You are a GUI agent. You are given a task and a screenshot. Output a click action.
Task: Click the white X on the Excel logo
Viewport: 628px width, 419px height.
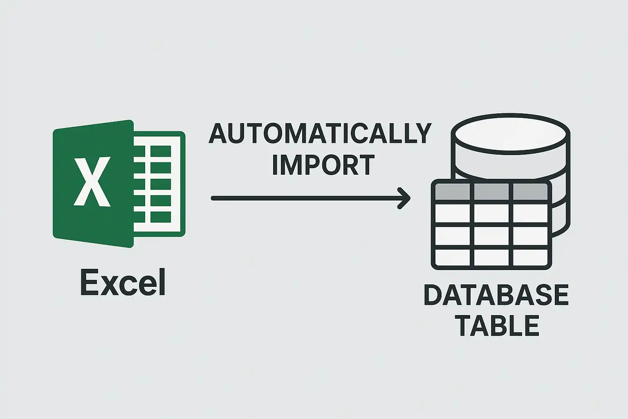point(92,182)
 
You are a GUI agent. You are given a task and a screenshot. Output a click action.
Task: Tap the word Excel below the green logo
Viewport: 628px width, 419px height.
point(123,282)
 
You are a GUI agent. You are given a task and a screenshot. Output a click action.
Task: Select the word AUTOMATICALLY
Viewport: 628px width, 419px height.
point(320,133)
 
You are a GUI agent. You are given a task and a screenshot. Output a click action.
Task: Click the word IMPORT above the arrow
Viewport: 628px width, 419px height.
point(323,165)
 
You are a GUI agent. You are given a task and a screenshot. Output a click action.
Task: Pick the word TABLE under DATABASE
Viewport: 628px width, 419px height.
point(499,326)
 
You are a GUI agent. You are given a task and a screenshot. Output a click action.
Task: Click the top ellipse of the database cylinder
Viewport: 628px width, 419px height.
point(511,134)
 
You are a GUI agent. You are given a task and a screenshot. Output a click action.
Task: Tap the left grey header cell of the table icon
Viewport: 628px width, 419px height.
point(453,191)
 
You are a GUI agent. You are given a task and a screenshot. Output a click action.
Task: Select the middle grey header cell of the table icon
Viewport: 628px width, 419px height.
point(491,191)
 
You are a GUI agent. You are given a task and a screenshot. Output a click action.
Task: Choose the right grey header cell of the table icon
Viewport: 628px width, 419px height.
point(530,191)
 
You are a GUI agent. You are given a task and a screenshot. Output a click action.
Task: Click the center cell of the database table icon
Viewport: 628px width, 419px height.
point(491,236)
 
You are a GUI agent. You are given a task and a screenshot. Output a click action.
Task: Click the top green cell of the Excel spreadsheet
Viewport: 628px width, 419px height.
point(161,151)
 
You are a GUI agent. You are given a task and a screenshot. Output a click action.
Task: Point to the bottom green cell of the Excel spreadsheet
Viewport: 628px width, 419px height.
point(161,217)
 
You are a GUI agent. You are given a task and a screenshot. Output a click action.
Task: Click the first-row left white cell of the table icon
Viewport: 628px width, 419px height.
point(453,214)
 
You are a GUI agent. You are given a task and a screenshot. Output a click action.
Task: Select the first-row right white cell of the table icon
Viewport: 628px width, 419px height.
point(530,214)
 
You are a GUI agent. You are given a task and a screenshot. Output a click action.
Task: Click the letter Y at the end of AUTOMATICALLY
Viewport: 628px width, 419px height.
point(422,133)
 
